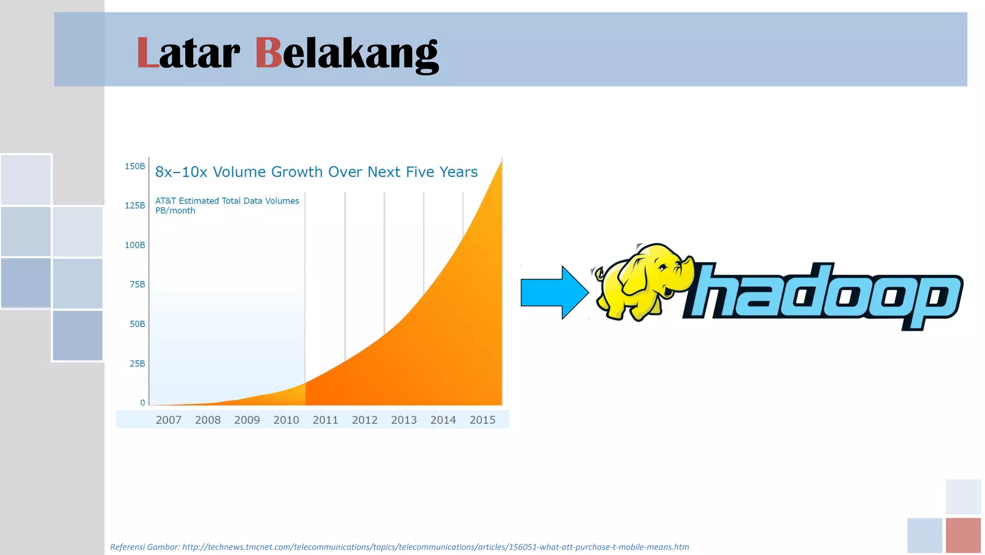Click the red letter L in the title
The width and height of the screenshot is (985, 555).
pos(147,53)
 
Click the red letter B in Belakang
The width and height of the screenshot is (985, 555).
pos(268,53)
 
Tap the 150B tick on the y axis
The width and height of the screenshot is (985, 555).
pos(135,166)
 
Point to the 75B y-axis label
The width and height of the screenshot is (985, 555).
pos(137,285)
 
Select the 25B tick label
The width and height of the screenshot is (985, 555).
pos(137,364)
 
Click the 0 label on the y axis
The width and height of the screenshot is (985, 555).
pos(142,403)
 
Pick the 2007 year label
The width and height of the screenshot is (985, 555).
pos(168,420)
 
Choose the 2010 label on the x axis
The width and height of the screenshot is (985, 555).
pos(286,420)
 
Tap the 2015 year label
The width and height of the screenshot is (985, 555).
pos(482,420)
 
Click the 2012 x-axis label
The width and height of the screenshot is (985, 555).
pos(365,420)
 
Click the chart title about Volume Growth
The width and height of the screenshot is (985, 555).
pos(316,172)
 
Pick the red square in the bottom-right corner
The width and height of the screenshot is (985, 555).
pos(963,535)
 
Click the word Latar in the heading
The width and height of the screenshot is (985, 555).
pos(188,53)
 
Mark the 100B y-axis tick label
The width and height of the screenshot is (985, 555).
pos(135,245)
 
